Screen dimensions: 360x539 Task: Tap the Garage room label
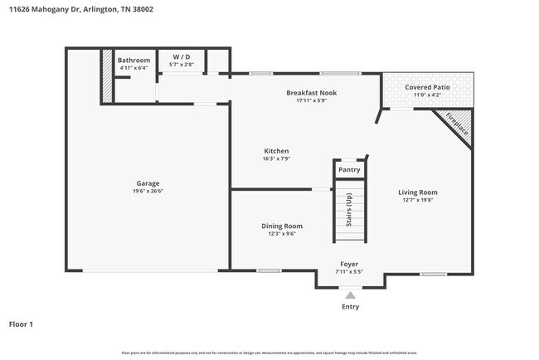[x=148, y=183]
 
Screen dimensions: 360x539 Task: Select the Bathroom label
[x=134, y=61]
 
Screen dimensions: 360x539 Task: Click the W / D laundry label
[x=182, y=57]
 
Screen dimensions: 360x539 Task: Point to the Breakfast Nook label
[x=311, y=93]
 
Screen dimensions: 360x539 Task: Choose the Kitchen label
[x=275, y=151]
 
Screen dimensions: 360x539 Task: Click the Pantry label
[x=349, y=170]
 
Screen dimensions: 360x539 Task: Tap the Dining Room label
[x=282, y=226]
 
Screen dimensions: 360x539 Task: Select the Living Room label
[x=417, y=192]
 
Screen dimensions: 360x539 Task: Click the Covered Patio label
[x=427, y=87]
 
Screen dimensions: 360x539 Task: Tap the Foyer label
[x=349, y=264]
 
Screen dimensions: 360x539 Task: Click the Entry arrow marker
[x=350, y=294]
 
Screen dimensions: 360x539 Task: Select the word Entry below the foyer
[x=350, y=307]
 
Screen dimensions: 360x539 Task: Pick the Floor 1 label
[x=21, y=324]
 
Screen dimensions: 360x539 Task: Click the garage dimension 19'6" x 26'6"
[x=148, y=192]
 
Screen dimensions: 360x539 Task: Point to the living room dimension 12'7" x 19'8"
[x=417, y=200]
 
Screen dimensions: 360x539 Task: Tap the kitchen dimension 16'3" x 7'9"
[x=275, y=159]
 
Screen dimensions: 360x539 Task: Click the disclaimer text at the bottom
[x=269, y=353]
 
